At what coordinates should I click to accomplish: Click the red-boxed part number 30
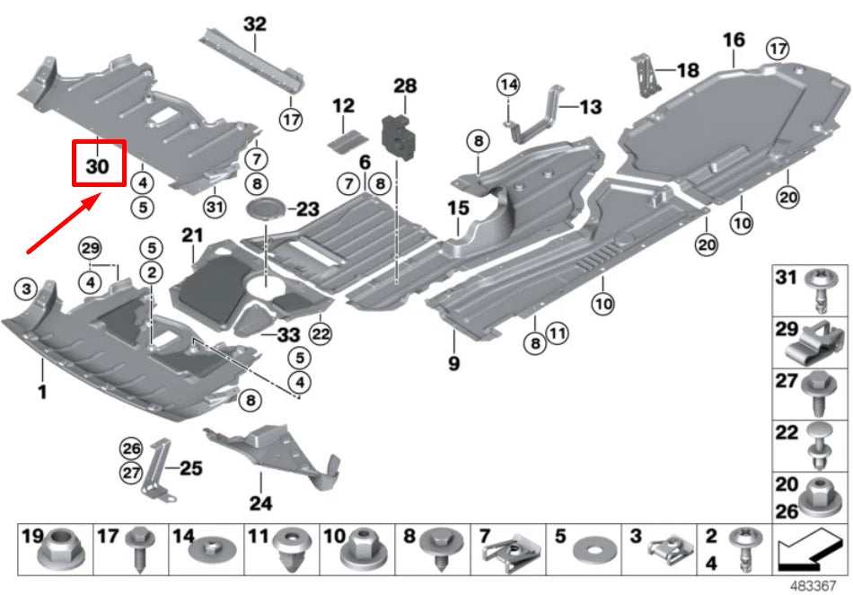pos(98,166)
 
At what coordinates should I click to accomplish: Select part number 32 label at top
pos(255,23)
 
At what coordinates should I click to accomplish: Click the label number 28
pos(405,86)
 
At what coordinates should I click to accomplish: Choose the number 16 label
pos(734,40)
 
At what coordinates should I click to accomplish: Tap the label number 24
pos(260,503)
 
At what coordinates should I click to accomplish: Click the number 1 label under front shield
pos(40,392)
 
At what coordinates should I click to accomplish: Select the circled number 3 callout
pos(28,288)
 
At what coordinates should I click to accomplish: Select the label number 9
pos(454,363)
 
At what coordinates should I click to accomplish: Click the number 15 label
pos(458,209)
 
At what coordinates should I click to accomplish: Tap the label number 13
pos(590,107)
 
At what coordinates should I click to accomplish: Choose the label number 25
pos(190,467)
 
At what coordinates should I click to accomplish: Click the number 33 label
pos(287,334)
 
